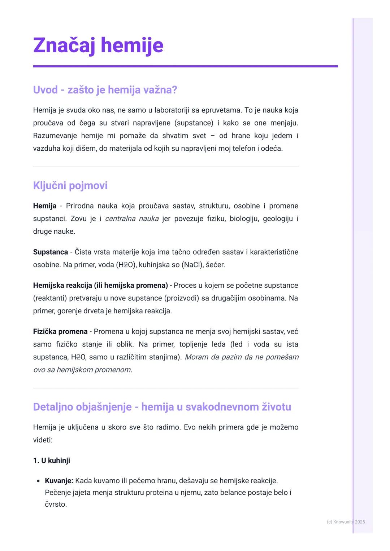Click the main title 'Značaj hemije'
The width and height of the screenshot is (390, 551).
point(98,46)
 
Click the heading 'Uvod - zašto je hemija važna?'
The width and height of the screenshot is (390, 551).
point(105,90)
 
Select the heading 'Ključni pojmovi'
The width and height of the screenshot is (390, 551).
point(70,186)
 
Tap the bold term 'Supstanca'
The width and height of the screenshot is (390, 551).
point(50,252)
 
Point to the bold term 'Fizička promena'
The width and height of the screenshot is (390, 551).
point(60,331)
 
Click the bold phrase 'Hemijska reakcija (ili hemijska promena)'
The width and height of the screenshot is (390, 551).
point(100,286)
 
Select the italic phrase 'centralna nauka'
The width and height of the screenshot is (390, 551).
point(131,219)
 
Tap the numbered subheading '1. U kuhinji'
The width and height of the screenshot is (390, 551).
point(51,460)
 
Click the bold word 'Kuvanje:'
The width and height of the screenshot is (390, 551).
point(59,481)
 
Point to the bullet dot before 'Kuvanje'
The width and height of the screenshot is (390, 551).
point(38,481)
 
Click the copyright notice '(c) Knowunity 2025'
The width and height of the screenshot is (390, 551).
point(346,522)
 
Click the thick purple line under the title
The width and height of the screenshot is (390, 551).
point(185,66)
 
